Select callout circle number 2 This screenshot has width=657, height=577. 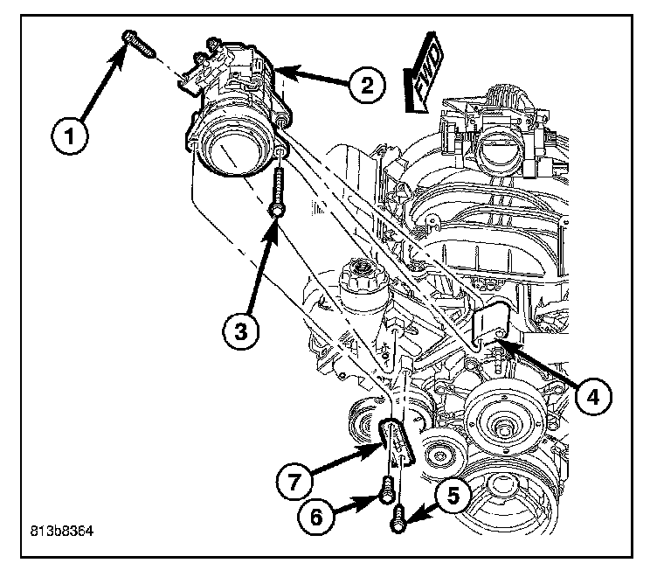367,85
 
